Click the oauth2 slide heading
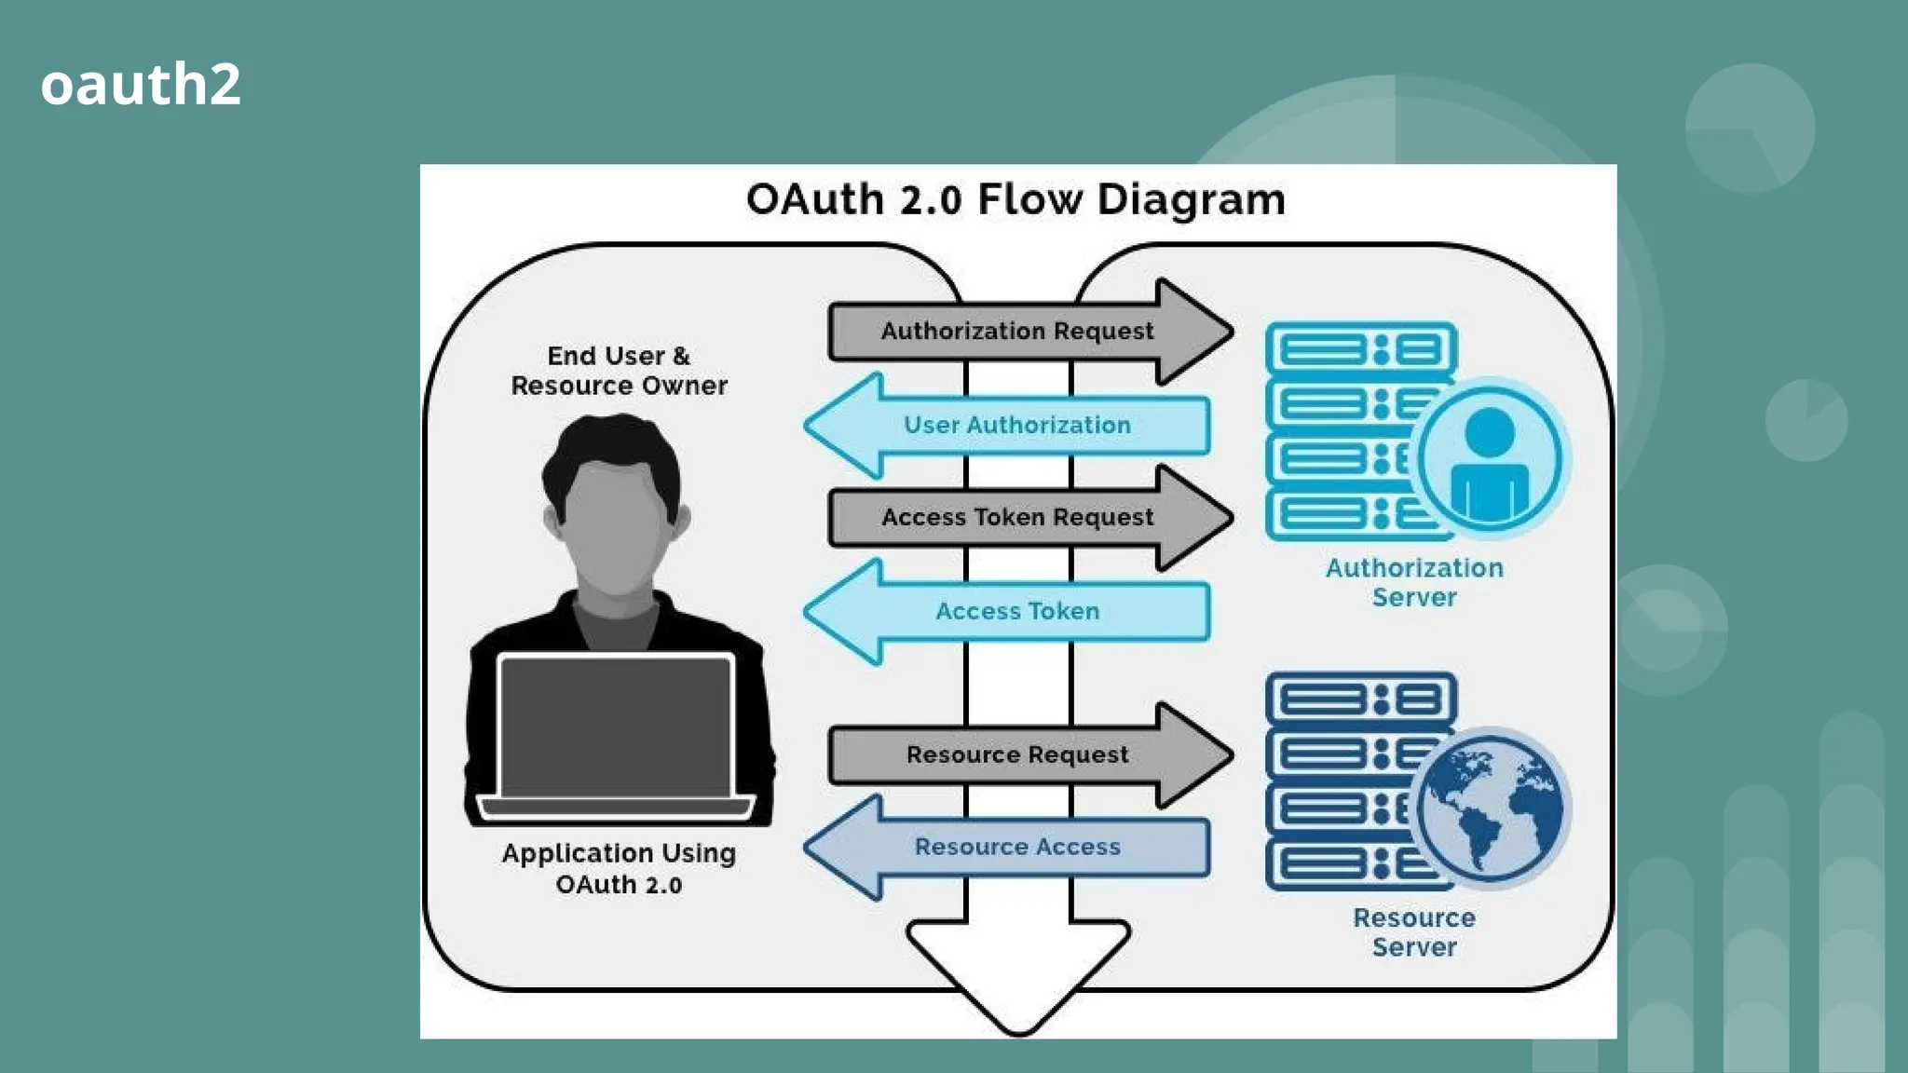[x=141, y=84]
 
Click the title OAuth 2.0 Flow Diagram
[x=1015, y=199]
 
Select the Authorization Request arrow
[x=1017, y=332]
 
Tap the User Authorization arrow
[x=1017, y=426]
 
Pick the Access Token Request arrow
[x=1017, y=518]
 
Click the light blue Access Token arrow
[x=1017, y=612]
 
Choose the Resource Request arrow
[x=1017, y=754]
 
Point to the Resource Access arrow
[x=1017, y=848]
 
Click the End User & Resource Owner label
[x=619, y=371]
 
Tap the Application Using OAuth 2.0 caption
[x=619, y=868]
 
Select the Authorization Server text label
[x=1414, y=582]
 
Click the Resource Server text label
[x=1414, y=932]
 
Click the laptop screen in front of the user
[x=616, y=727]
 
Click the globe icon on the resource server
[x=1490, y=808]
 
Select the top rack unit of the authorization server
[x=1360, y=349]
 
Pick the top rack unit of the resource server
[x=1360, y=699]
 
